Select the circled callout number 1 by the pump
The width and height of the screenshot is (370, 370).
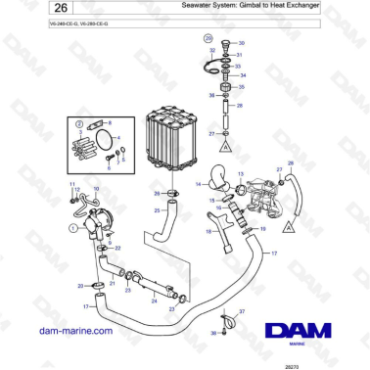coord(72,227)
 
